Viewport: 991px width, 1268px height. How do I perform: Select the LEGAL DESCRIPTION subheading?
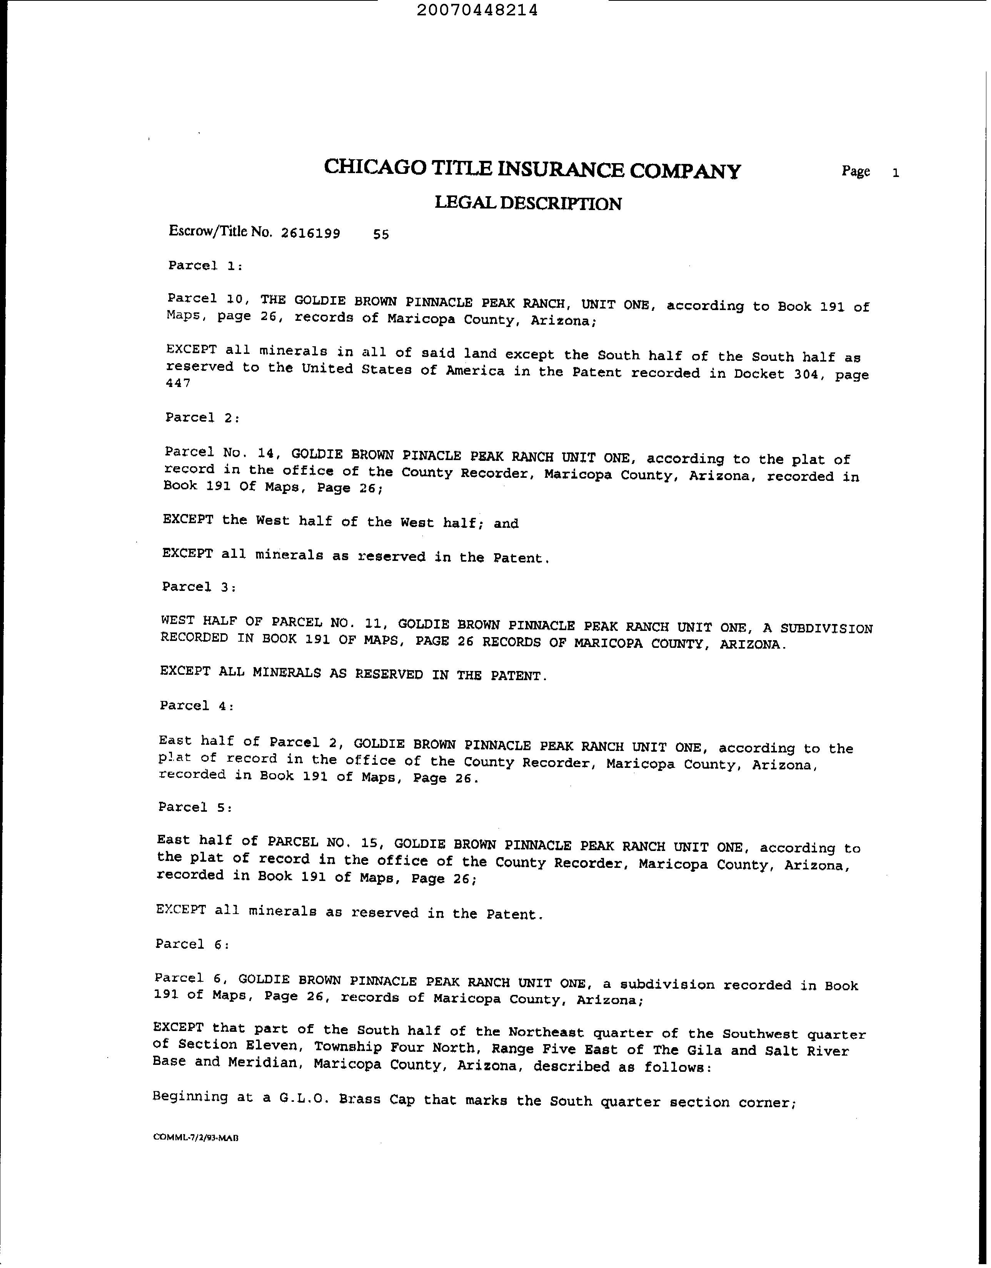click(528, 203)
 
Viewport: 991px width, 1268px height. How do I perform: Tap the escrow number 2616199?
click(310, 234)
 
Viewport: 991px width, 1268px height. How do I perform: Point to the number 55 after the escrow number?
click(381, 235)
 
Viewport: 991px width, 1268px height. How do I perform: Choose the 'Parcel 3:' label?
click(199, 587)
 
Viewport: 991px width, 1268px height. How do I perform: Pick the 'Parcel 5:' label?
click(195, 808)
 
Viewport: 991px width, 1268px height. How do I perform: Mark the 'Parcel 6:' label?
click(192, 944)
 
